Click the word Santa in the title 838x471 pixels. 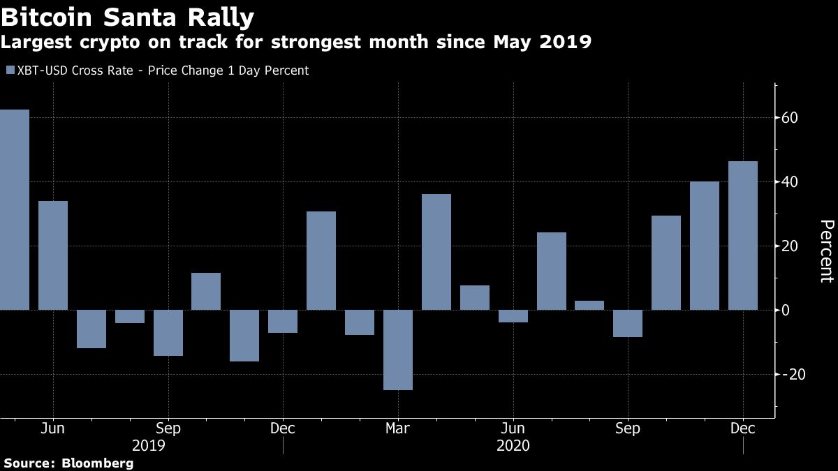tap(146, 15)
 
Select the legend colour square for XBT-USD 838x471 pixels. tap(9, 70)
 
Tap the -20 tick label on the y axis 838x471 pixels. tap(794, 374)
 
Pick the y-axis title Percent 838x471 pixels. tap(826, 251)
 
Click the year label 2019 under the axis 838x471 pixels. tap(148, 445)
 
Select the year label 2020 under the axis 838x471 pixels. tap(513, 445)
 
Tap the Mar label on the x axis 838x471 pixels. tap(397, 428)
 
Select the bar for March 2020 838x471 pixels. tap(398, 350)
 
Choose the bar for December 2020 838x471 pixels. tap(742, 235)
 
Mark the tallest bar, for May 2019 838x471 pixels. tap(14, 209)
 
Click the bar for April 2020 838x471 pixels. tap(436, 252)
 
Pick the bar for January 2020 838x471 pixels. tap(321, 260)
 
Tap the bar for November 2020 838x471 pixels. tap(705, 246)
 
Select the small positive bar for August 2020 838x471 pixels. tap(589, 305)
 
